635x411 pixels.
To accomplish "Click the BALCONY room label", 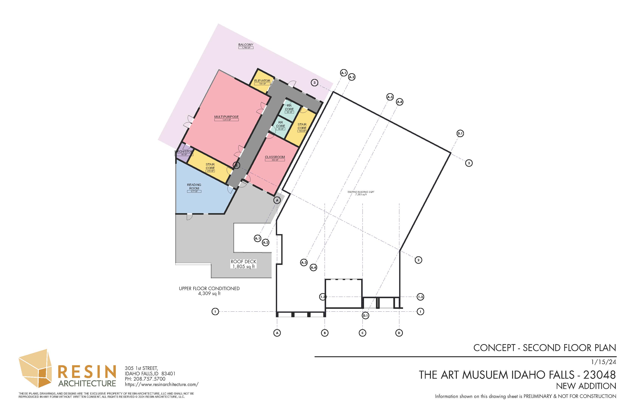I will pyautogui.click(x=246, y=45).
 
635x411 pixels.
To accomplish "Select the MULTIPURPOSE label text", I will pyautogui.click(x=226, y=117).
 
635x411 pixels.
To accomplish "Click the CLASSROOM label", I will pyautogui.click(x=275, y=157).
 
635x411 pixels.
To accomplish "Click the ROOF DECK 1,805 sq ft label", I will pyautogui.click(x=243, y=264).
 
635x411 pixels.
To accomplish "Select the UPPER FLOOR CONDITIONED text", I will pyautogui.click(x=209, y=288).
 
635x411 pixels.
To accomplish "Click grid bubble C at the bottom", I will pyautogui.click(x=362, y=333).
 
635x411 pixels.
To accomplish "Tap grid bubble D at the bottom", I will pyautogui.click(x=399, y=333).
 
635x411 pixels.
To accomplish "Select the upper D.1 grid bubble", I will pyautogui.click(x=460, y=133).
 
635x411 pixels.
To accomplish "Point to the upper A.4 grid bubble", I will pyautogui.click(x=399, y=102).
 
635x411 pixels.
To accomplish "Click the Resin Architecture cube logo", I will pyautogui.click(x=35, y=369).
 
